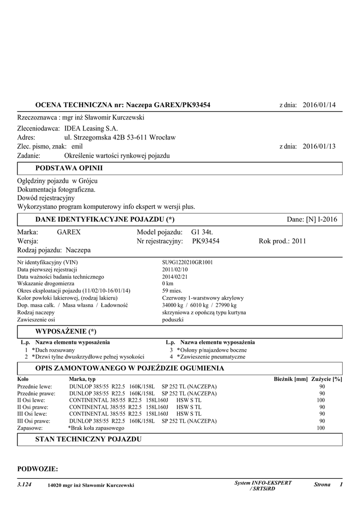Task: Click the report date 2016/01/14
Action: pyautogui.click(x=319, y=105)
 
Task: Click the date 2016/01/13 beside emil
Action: pyautogui.click(x=319, y=146)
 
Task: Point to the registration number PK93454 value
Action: pyautogui.click(x=206, y=241)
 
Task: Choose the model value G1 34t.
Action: pyautogui.click(x=202, y=232)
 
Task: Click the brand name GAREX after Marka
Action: pyautogui.click(x=69, y=232)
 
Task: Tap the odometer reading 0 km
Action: pyautogui.click(x=168, y=283)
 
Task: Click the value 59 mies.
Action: pyautogui.click(x=172, y=291)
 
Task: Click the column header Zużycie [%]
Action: pyautogui.click(x=327, y=379)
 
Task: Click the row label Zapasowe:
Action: pyautogui.click(x=30, y=427)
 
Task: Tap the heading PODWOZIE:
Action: pyautogui.click(x=38, y=469)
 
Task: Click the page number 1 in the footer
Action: pyautogui.click(x=342, y=484)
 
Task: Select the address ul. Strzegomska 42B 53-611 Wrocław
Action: pyautogui.click(x=120, y=137)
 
